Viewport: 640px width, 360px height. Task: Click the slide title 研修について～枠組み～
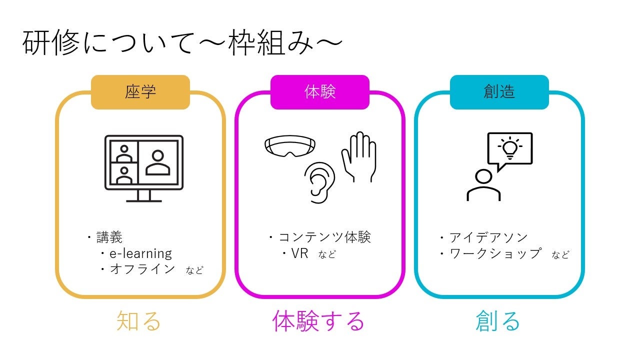click(x=182, y=44)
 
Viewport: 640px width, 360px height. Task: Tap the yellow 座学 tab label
click(x=140, y=92)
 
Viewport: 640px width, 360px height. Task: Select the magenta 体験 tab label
click(x=320, y=92)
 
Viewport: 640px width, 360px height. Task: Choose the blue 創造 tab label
click(x=499, y=92)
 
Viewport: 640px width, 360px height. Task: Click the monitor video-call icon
click(x=144, y=167)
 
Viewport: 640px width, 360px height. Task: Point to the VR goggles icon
click(x=290, y=146)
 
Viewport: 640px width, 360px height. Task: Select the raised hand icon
click(x=359, y=156)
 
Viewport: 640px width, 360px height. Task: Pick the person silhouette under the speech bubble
click(x=483, y=185)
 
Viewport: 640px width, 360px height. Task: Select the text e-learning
click(x=140, y=253)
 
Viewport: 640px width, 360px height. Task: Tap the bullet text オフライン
click(x=142, y=269)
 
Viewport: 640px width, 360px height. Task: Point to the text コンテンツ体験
click(x=324, y=237)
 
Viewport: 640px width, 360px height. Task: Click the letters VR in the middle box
click(x=299, y=253)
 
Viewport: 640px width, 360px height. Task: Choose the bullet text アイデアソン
click(x=488, y=237)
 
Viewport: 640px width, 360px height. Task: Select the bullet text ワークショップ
click(x=495, y=253)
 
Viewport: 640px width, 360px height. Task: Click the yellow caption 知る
click(x=139, y=321)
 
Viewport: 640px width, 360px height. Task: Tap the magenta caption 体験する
click(x=319, y=321)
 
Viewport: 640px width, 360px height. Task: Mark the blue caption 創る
click(x=498, y=321)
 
